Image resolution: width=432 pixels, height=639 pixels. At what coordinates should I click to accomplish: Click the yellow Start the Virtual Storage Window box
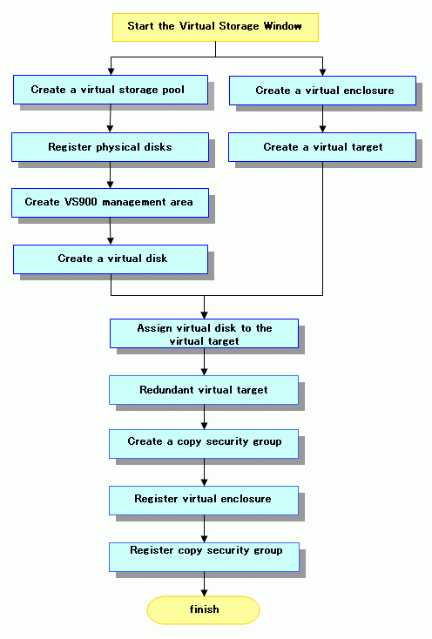pyautogui.click(x=215, y=27)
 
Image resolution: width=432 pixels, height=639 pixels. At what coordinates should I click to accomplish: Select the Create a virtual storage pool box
pyautogui.click(x=111, y=90)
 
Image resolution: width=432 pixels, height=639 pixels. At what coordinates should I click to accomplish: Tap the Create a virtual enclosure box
pyautogui.click(x=322, y=91)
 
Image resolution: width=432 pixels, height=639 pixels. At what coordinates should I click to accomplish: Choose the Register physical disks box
pyautogui.click(x=110, y=147)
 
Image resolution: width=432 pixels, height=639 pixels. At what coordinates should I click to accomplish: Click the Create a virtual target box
pyautogui.click(x=322, y=147)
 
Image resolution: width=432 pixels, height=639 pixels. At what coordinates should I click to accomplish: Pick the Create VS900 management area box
pyautogui.click(x=110, y=203)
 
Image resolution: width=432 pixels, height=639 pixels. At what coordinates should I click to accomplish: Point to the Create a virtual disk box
pyautogui.click(x=111, y=259)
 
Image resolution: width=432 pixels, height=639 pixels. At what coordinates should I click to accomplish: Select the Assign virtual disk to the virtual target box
pyautogui.click(x=204, y=333)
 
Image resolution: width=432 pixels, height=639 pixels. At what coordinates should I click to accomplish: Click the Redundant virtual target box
pyautogui.click(x=204, y=390)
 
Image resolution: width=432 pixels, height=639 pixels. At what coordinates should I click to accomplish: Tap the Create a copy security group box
pyautogui.click(x=204, y=444)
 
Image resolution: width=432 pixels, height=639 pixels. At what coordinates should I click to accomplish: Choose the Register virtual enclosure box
pyautogui.click(x=204, y=501)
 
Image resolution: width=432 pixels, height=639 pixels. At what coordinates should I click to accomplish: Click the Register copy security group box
pyautogui.click(x=204, y=557)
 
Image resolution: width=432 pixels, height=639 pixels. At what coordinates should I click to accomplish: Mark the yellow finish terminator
pyautogui.click(x=203, y=610)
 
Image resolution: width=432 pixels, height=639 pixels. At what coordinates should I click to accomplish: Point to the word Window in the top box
pyautogui.click(x=282, y=26)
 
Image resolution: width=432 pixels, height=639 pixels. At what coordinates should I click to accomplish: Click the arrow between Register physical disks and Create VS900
pyautogui.click(x=110, y=175)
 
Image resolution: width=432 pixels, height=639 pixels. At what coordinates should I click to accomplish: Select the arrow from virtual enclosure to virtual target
pyautogui.click(x=322, y=118)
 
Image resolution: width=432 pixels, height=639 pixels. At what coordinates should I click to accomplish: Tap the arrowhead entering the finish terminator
pyautogui.click(x=204, y=593)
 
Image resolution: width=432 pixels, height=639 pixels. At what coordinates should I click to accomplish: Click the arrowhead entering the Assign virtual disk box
pyautogui.click(x=204, y=315)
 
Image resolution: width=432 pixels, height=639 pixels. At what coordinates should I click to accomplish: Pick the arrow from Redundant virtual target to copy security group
pyautogui.click(x=204, y=417)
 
